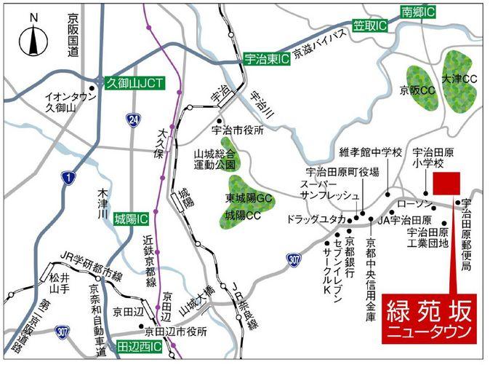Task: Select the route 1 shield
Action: coord(68,178)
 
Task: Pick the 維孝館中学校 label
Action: coord(371,153)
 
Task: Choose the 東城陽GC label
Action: coord(249,198)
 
